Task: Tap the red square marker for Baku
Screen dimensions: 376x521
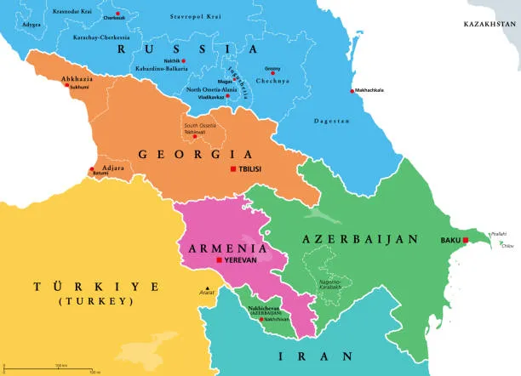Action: [x=466, y=240]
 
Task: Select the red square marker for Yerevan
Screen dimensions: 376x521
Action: [x=220, y=260]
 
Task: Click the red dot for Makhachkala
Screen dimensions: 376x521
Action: [x=352, y=92]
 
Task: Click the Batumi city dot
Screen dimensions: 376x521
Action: [x=94, y=171]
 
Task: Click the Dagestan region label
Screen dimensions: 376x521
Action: [x=332, y=122]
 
